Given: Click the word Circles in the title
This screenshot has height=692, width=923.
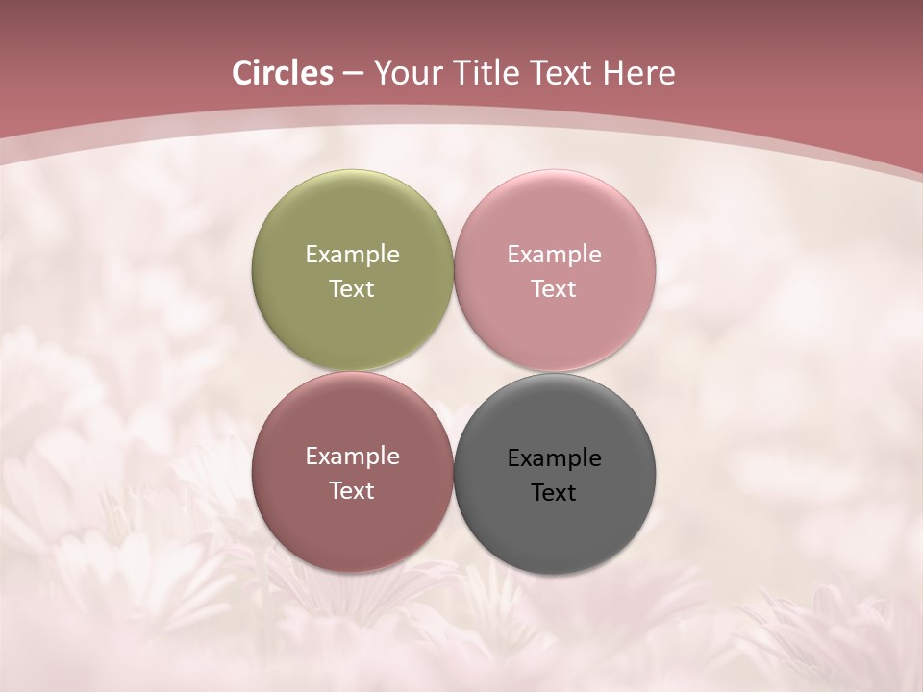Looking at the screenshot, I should (283, 73).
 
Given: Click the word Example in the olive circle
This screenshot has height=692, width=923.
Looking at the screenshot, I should (352, 255).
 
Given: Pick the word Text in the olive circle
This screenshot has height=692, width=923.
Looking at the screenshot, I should (352, 289).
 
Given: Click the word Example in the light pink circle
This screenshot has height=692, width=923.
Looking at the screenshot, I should (554, 255).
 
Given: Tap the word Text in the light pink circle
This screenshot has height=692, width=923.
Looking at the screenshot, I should (554, 289).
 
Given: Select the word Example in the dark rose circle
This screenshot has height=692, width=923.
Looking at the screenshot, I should (352, 457).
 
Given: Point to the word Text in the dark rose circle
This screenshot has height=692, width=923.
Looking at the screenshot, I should (352, 491).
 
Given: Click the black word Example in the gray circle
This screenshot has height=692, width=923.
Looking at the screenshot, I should (554, 458).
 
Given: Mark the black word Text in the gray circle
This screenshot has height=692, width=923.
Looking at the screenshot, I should (554, 493).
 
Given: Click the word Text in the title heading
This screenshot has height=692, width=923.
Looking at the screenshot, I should (561, 73).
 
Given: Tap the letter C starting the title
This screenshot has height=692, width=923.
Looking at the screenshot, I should (242, 73).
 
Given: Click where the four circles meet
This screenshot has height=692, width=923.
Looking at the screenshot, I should (453, 372).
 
